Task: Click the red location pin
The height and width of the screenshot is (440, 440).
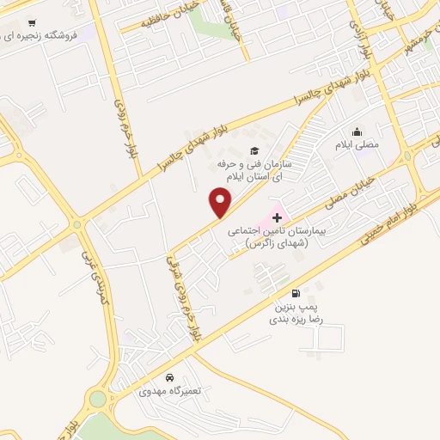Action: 221,203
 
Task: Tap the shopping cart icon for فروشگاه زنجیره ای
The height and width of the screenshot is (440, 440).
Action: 32,23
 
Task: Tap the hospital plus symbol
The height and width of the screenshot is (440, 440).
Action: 276,218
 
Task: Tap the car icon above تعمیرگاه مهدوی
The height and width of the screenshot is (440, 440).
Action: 169,377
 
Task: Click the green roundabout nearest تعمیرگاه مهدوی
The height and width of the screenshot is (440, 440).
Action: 96,400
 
